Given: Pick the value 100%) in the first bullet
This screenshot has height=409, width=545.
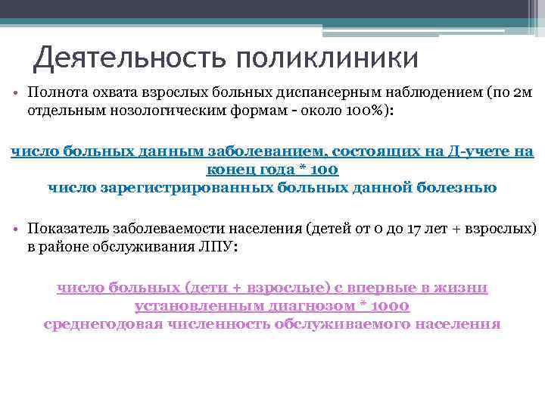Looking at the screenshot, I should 367,110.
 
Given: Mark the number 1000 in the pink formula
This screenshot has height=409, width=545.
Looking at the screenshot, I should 391,306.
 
